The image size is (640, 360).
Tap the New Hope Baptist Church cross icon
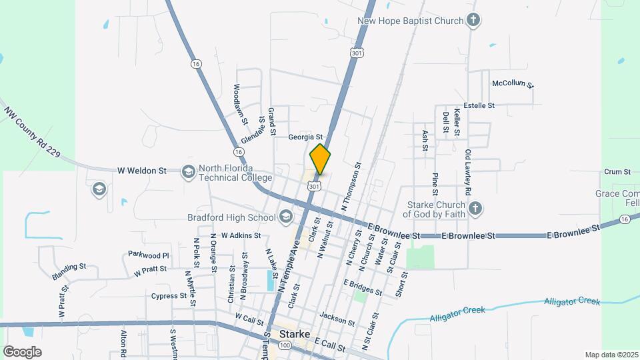pyautogui.click(x=473, y=20)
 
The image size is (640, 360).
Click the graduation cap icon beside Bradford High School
pyautogui.click(x=286, y=217)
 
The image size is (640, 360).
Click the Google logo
pyautogui.click(x=22, y=351)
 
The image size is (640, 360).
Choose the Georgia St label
pyautogui.click(x=305, y=137)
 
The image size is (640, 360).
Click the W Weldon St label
pyautogui.click(x=141, y=171)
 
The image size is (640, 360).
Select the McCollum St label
pyautogui.click(x=513, y=83)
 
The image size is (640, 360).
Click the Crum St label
pyautogui.click(x=617, y=171)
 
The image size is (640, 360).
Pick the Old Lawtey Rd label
pyautogui.click(x=469, y=172)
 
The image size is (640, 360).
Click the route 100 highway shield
pyautogui.click(x=285, y=345)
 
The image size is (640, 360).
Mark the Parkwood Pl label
pyautogui.click(x=149, y=255)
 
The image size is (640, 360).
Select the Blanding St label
pyautogui.click(x=69, y=271)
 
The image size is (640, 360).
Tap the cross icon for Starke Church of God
pyautogui.click(x=475, y=209)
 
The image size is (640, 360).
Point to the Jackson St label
pyautogui.click(x=337, y=317)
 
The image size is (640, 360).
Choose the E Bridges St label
pyautogui.click(x=363, y=287)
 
